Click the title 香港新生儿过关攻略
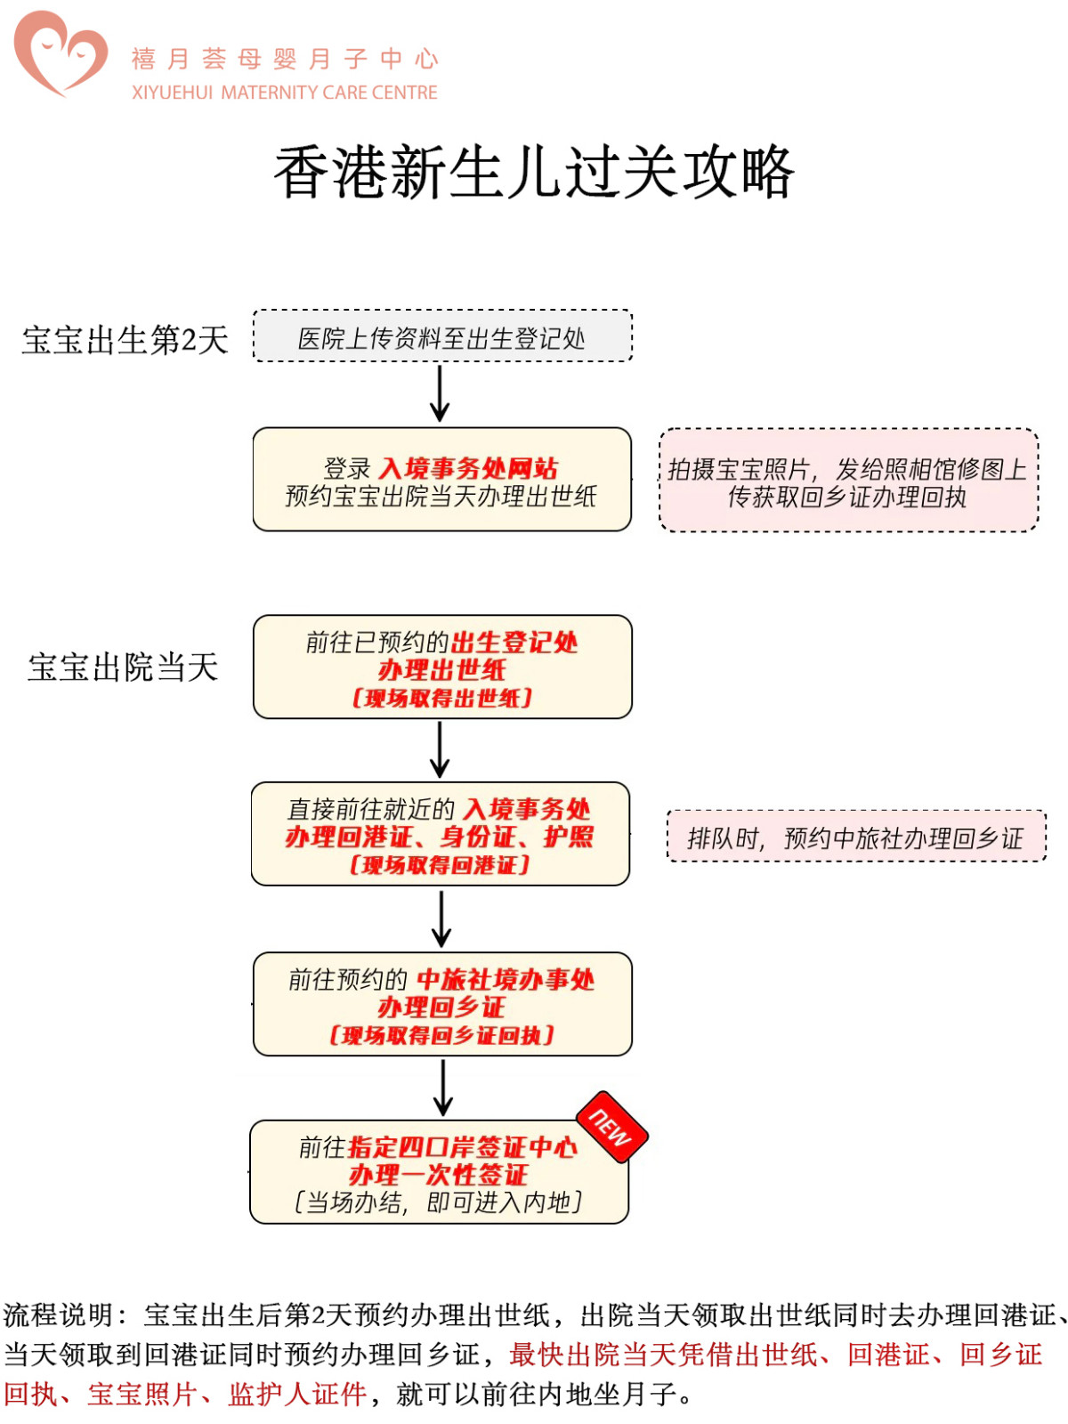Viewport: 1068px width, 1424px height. coord(533,172)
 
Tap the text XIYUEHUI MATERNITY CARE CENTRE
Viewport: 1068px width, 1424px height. coord(285,93)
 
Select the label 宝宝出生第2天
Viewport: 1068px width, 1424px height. coord(125,340)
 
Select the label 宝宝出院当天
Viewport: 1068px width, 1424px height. coord(123,667)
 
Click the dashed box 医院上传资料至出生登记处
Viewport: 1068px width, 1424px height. coord(442,337)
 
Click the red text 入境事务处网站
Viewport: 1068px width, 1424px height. coord(468,468)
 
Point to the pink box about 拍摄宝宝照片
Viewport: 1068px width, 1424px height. coord(848,481)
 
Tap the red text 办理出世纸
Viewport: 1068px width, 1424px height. coord(441,670)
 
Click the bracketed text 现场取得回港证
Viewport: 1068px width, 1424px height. coord(441,864)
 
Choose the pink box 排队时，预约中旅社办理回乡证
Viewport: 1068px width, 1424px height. coord(855,837)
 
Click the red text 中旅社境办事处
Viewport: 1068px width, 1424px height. coord(505,980)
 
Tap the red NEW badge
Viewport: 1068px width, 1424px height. coord(611,1127)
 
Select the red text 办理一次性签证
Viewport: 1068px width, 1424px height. coord(439,1175)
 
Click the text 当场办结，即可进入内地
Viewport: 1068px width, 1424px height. coord(439,1202)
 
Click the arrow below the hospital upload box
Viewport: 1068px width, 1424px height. coord(440,393)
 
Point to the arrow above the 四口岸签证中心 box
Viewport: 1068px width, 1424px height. coord(442,1088)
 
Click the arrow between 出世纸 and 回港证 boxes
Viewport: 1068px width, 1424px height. coord(440,749)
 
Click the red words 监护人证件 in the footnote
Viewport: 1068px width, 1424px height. coord(297,1394)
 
